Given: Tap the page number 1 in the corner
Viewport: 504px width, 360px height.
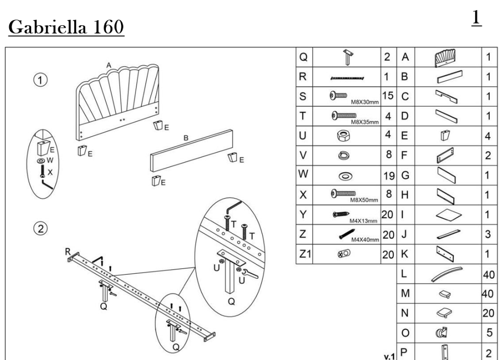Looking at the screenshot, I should coord(476,18).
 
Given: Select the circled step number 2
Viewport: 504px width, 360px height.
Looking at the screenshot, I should coord(43,228).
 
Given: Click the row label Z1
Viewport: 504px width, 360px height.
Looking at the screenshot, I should coord(304,254).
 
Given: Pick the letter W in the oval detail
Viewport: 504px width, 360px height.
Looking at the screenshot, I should coord(50,161).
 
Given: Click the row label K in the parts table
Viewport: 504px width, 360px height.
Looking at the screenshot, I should coord(404,254).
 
